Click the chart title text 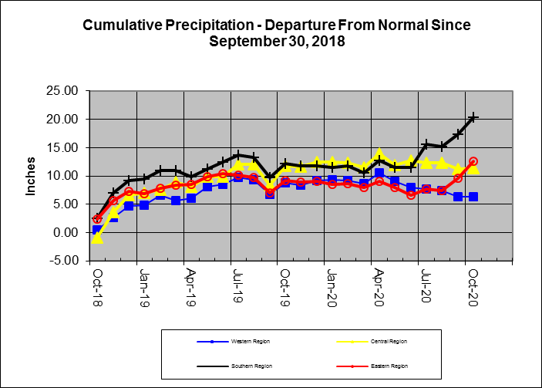[276, 32]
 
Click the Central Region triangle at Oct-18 [97, 238]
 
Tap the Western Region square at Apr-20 [379, 174]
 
